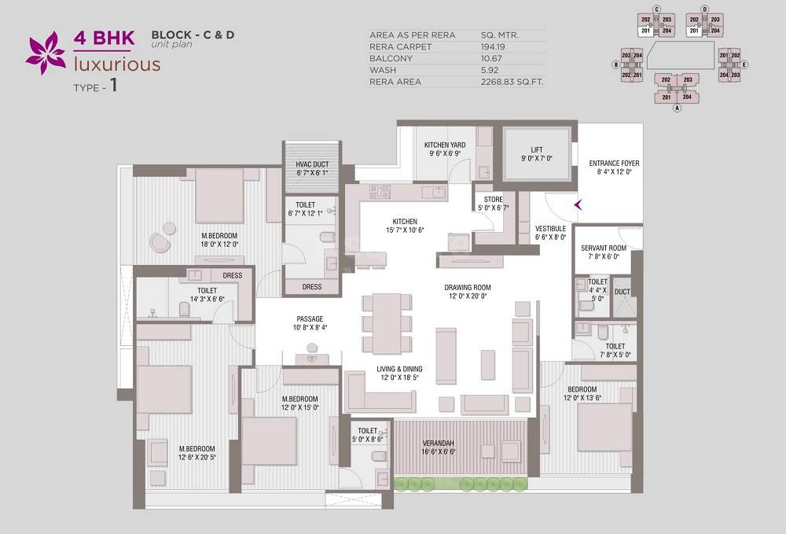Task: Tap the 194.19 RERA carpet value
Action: (x=496, y=46)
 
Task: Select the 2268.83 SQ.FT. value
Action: (x=512, y=82)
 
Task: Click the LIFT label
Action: (x=537, y=149)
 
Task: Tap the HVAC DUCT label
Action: (x=311, y=164)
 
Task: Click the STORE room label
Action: (x=493, y=200)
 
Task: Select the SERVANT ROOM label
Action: (x=604, y=248)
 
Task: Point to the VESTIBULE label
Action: (x=550, y=228)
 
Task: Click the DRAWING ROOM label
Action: (x=467, y=288)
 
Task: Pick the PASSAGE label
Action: (x=310, y=319)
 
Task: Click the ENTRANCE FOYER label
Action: (x=614, y=164)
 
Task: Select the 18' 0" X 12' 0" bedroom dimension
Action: (x=219, y=244)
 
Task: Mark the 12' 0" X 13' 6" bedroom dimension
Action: (x=582, y=398)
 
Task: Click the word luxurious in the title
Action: (x=117, y=64)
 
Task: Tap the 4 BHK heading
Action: (x=105, y=37)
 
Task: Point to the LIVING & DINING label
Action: (x=399, y=369)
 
